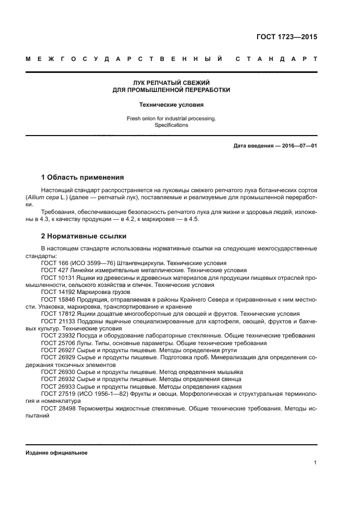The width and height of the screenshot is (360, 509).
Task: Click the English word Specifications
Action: [x=172, y=125]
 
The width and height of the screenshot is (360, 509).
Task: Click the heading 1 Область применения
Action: [x=82, y=177]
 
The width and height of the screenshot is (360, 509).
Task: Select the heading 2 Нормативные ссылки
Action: [x=84, y=236]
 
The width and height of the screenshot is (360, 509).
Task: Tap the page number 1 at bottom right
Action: [x=315, y=463]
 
